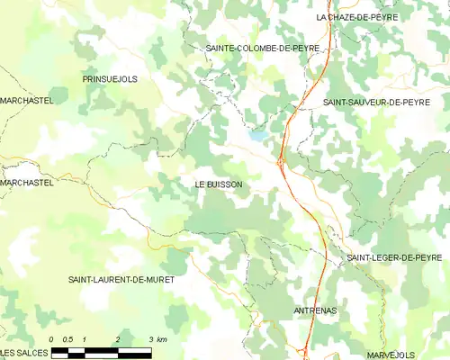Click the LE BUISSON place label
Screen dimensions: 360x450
click(219, 184)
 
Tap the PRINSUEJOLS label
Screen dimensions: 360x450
click(110, 79)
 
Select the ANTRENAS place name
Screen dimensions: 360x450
click(315, 310)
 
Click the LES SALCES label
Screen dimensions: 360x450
click(23, 352)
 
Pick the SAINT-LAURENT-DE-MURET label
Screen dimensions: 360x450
click(121, 280)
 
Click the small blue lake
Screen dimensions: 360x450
click(257, 136)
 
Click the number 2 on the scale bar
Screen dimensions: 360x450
click(117, 339)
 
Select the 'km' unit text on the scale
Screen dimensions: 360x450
click(162, 339)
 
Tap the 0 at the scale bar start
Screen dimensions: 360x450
click(52, 339)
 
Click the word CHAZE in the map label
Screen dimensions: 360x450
click(347, 17)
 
